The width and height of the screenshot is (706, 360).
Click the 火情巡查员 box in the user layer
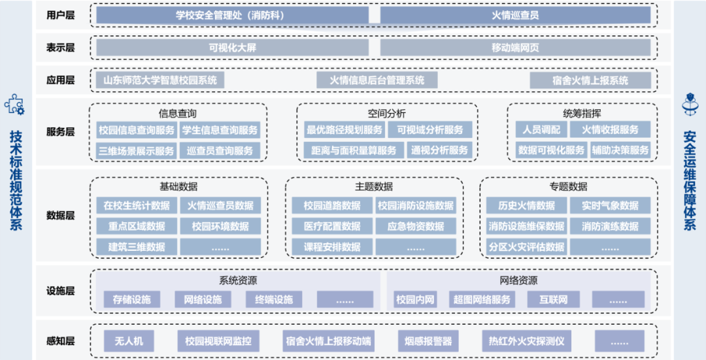point(515,14)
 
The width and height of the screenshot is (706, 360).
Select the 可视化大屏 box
point(232,47)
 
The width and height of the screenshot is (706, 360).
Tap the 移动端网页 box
point(515,47)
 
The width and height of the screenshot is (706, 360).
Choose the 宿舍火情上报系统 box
point(590,80)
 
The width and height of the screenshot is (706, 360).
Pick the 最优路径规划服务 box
point(345,130)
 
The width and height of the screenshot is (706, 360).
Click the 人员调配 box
point(541,130)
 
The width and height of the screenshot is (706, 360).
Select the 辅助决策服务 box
point(620,150)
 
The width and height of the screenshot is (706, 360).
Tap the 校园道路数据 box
point(331,206)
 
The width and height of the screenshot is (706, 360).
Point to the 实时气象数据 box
point(610,206)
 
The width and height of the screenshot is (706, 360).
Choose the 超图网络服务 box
point(482,300)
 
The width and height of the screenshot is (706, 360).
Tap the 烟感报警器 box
point(428,341)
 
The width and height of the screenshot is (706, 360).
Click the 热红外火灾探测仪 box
point(526,341)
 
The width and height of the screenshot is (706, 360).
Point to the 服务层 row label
point(60,131)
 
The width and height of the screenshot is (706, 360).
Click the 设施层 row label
point(60,291)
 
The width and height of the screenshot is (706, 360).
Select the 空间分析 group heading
point(386,113)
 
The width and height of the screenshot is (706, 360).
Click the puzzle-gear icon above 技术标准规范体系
point(14,105)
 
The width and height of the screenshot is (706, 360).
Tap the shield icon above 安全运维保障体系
point(690,105)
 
